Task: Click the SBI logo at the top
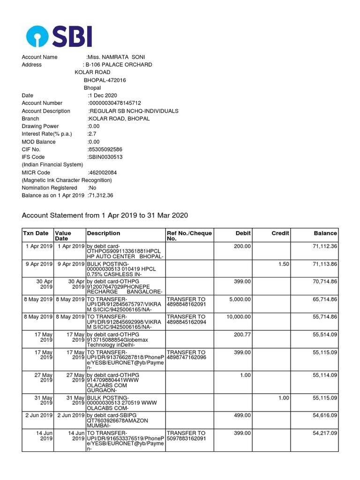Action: pos(59,36)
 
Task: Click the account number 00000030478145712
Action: pos(115,103)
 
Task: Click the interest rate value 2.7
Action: pos(92,134)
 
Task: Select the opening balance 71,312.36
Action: pos(101,195)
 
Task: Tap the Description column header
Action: pos(104,233)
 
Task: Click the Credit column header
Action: pos(280,233)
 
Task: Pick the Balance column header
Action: pos(325,233)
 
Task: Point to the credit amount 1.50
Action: pos(284,264)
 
